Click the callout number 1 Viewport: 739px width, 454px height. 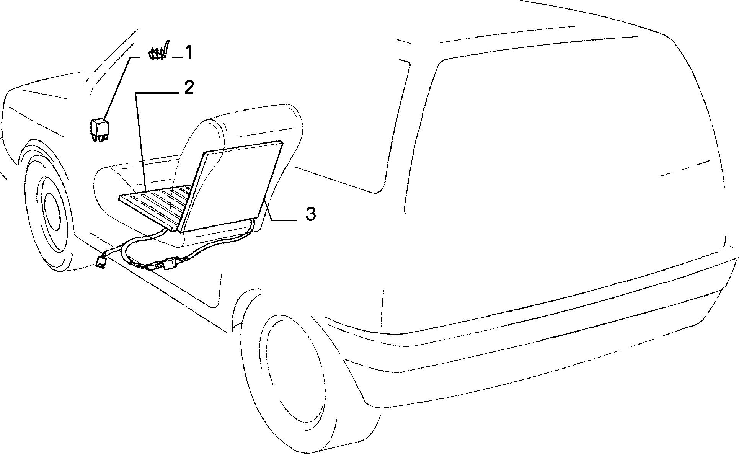click(188, 53)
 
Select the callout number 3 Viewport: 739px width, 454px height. click(310, 214)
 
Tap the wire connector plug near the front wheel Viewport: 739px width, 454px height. click(101, 261)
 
